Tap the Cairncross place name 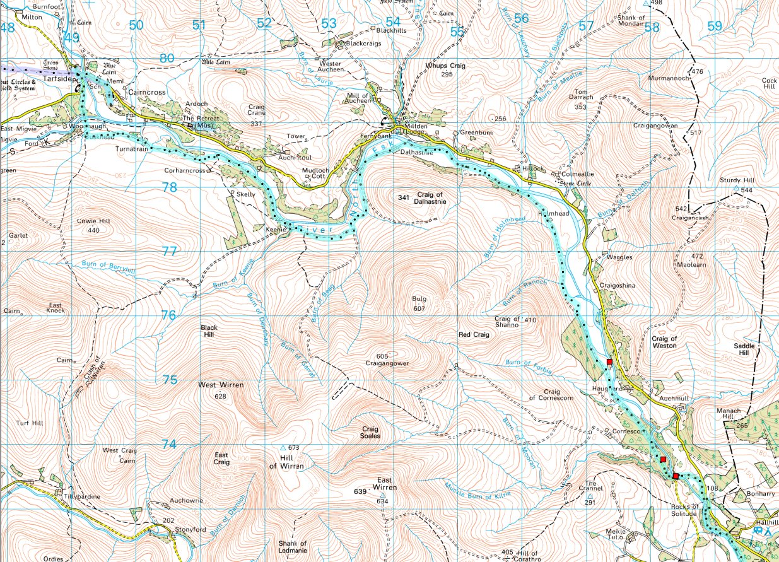pyautogui.click(x=146, y=92)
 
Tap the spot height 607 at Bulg pyautogui.click(x=419, y=308)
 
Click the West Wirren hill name pyautogui.click(x=220, y=385)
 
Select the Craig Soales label pyautogui.click(x=370, y=431)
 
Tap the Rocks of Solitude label pyautogui.click(x=685, y=510)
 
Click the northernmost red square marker pyautogui.click(x=609, y=361)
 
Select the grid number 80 pyautogui.click(x=167, y=58)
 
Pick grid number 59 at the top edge pyautogui.click(x=714, y=26)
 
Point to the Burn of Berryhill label pyautogui.click(x=108, y=266)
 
